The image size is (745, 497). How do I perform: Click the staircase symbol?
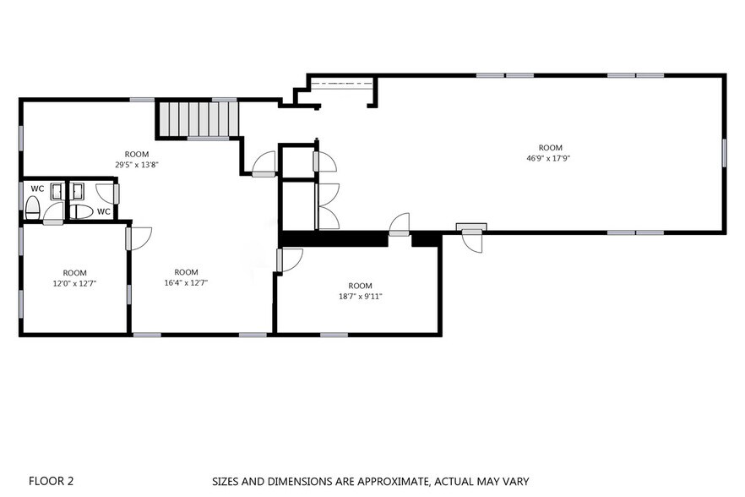pyautogui.click(x=198, y=119)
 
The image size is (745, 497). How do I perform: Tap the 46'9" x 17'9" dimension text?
pyautogui.click(x=548, y=158)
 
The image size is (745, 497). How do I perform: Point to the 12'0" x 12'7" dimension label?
pyautogui.click(x=74, y=283)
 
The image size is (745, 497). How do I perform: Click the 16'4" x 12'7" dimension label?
pyautogui.click(x=186, y=282)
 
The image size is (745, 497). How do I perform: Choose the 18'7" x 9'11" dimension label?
pyautogui.click(x=360, y=297)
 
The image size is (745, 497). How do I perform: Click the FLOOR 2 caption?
pyautogui.click(x=51, y=481)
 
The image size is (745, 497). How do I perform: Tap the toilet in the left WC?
pyautogui.click(x=32, y=209)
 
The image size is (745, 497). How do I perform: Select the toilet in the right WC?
pyautogui.click(x=81, y=211)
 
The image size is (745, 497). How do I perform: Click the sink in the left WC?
pyautogui.click(x=57, y=191)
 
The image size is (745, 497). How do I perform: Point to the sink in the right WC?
pyautogui.click(x=77, y=191)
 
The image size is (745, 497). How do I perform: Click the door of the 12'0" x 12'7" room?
pyautogui.click(x=139, y=238)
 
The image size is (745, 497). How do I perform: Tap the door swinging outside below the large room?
pyautogui.click(x=472, y=241)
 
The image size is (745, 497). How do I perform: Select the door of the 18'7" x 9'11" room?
pyautogui.click(x=290, y=260)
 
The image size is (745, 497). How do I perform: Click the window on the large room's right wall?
pyautogui.click(x=724, y=153)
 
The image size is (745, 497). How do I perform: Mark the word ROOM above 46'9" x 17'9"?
pyautogui.click(x=550, y=147)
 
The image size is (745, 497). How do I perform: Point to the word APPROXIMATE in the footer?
pyautogui.click(x=392, y=481)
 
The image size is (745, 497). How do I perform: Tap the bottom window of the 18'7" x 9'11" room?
pyautogui.click(x=334, y=335)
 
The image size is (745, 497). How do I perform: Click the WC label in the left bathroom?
pyautogui.click(x=37, y=188)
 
